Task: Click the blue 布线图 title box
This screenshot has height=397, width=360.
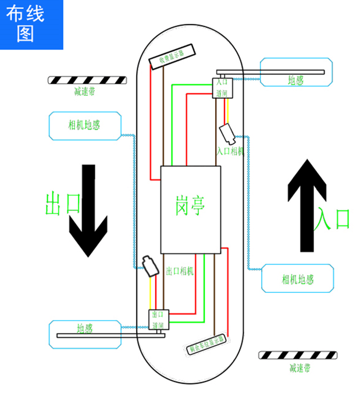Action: (x=31, y=24)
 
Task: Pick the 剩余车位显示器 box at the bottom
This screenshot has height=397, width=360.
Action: (x=206, y=344)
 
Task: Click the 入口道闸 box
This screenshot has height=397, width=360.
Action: (x=223, y=88)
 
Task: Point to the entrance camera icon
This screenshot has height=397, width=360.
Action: (x=227, y=133)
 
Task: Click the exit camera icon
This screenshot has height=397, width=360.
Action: (x=150, y=265)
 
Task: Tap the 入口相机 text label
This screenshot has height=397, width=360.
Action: (x=230, y=151)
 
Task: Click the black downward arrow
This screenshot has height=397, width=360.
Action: (x=87, y=210)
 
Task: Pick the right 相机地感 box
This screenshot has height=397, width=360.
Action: (x=298, y=278)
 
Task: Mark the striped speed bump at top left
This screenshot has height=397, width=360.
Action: (x=87, y=80)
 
